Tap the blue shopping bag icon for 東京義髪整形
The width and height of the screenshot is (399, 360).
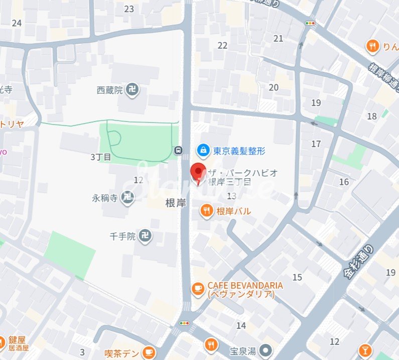point(203,150)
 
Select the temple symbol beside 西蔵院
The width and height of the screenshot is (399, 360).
point(133,90)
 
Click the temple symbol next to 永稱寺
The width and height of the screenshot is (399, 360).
point(128,197)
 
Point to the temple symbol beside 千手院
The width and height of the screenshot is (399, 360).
point(145,235)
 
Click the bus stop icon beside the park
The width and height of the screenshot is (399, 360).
point(178,150)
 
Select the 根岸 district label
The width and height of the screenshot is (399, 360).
point(176,203)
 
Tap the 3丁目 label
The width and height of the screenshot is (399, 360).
point(101,157)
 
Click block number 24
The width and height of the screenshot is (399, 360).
point(17,23)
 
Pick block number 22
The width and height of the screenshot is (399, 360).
point(222,45)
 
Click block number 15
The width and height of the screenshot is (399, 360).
point(297,277)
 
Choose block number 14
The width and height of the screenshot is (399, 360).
point(241,325)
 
